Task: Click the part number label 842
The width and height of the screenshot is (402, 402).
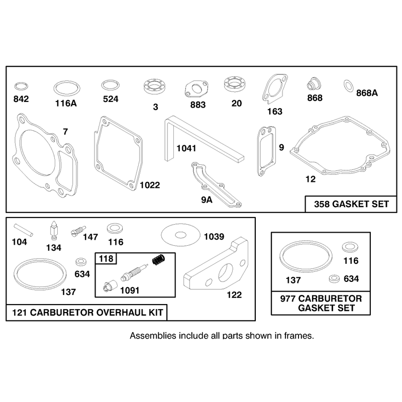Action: tap(21, 99)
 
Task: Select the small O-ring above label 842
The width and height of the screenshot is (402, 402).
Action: tap(21, 86)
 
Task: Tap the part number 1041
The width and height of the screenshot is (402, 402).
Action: tap(186, 148)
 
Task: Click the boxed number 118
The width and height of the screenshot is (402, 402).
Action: tap(106, 259)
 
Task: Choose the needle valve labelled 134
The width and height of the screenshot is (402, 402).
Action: tap(54, 230)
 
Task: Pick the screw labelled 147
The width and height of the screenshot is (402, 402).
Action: tap(78, 231)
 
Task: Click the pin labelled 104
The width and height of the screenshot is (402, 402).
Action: tap(23, 230)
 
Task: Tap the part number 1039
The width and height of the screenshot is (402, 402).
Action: tap(214, 237)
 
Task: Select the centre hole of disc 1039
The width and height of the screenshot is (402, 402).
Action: tap(180, 235)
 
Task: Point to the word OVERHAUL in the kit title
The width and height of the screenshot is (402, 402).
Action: tap(116, 313)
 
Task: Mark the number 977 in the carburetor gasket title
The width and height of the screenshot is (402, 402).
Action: tap(288, 298)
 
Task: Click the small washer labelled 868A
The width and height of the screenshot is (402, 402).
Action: tap(348, 86)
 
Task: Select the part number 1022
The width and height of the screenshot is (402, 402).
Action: tap(150, 185)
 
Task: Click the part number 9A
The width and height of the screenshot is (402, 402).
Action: tap(207, 199)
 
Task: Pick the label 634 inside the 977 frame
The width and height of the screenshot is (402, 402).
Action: tap(351, 279)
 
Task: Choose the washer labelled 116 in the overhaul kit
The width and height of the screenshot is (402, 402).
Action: tap(115, 229)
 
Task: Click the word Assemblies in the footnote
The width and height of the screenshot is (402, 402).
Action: tap(153, 336)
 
